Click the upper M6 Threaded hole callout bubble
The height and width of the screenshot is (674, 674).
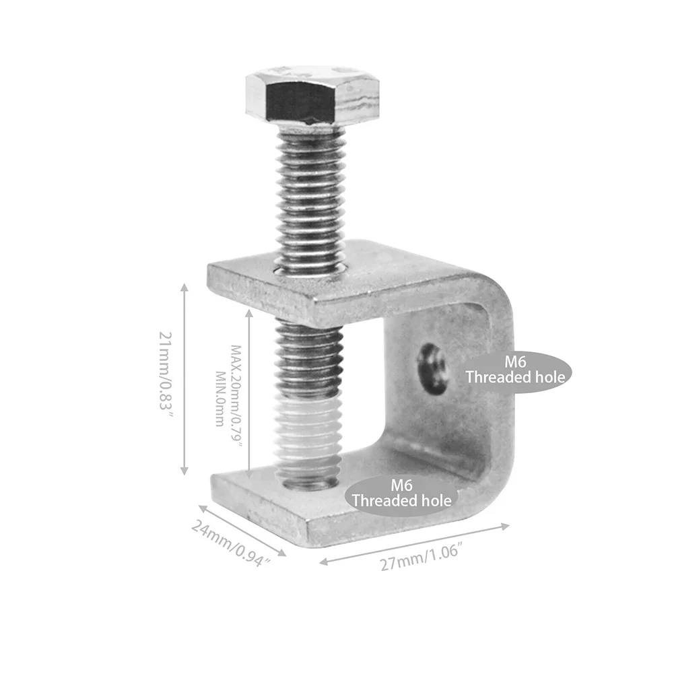coord(516,369)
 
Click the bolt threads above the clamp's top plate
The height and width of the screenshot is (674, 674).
coord(310,202)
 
